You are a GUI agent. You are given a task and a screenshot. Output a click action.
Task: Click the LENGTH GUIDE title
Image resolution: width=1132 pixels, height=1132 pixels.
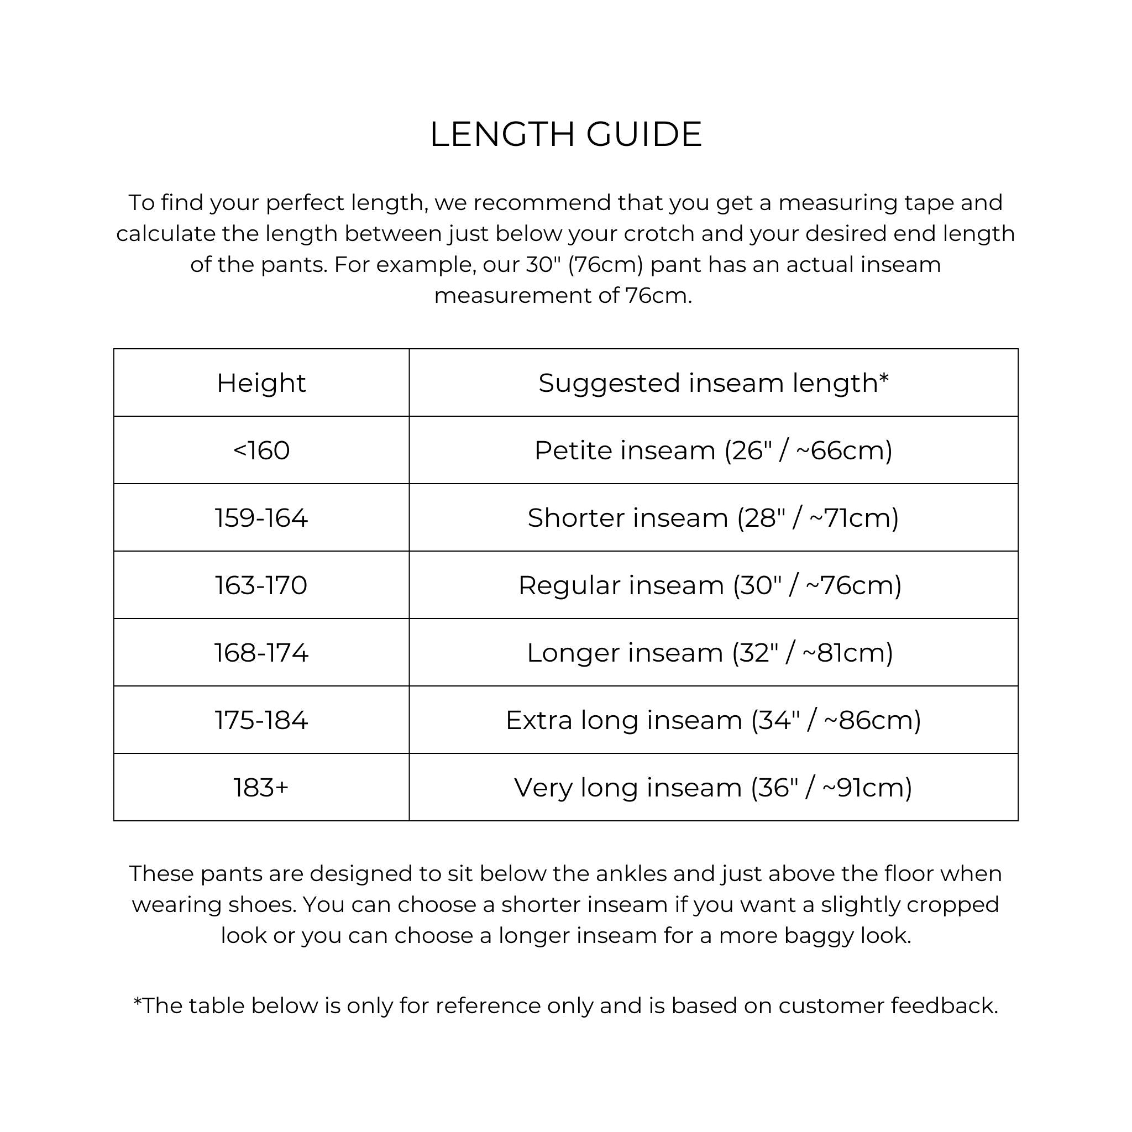point(565,134)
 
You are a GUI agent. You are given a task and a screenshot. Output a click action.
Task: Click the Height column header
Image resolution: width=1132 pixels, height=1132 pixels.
point(261,382)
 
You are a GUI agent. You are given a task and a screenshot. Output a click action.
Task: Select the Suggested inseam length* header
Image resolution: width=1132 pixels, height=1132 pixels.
point(713,382)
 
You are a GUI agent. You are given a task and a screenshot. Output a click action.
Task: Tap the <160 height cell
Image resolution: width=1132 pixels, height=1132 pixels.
point(261,450)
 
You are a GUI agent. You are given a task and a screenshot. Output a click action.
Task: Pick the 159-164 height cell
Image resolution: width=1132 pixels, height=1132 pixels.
point(261,517)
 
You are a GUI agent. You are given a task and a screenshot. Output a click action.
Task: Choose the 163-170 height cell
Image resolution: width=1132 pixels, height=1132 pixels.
point(261,585)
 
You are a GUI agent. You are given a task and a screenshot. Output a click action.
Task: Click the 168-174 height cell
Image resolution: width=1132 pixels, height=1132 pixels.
point(261,652)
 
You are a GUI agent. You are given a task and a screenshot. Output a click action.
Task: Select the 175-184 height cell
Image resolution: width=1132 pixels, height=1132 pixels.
point(261,720)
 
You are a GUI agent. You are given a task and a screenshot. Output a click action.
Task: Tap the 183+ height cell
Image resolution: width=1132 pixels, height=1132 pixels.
point(261,787)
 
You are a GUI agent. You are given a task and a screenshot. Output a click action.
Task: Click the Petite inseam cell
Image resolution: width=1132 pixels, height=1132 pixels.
point(713,450)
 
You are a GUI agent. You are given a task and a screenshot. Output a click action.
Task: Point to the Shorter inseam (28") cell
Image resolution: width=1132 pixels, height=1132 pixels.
point(713,517)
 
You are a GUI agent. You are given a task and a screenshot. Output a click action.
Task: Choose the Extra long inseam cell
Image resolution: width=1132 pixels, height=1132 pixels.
point(713,720)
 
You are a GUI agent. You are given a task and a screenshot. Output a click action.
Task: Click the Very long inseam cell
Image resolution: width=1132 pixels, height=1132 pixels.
point(713,787)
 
